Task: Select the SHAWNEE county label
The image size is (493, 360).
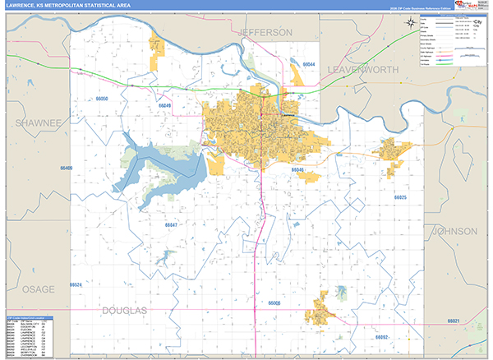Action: [x=38, y=122]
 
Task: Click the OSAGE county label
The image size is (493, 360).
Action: [x=38, y=289]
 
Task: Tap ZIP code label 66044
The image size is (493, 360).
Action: [x=308, y=64]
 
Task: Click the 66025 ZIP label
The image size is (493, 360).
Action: [x=399, y=198]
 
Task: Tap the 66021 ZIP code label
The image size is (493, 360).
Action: [x=454, y=321]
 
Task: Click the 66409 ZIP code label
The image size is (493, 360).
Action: [x=67, y=168]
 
